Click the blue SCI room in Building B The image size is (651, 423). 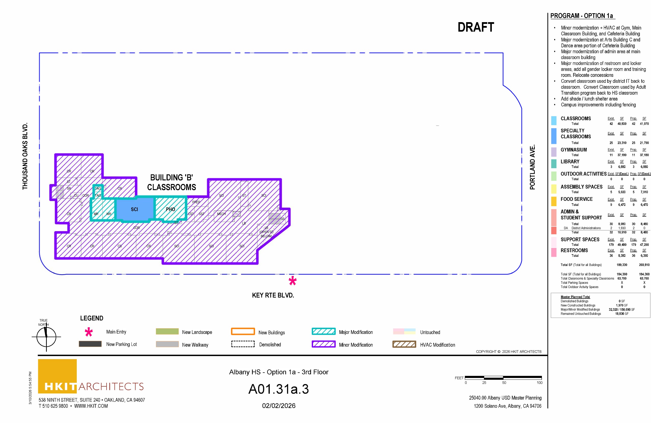tap(134, 209)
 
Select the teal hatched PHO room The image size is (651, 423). tap(170, 209)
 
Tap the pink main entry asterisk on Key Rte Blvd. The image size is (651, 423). tap(292, 281)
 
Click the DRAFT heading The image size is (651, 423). tap(476, 27)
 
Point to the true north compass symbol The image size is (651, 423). tap(46, 337)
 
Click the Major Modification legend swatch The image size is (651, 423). tap(323, 332)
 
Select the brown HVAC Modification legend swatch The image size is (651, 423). tap(404, 344)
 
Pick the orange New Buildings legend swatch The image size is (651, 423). tap(243, 332)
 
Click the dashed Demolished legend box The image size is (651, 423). tap(243, 344)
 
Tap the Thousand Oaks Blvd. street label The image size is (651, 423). tap(25, 156)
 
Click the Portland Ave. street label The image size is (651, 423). tap(532, 167)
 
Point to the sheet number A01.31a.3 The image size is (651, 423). tap(278, 389)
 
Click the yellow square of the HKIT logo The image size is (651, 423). tap(57, 372)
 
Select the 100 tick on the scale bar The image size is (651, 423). tap(539, 383)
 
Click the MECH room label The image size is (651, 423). tap(221, 214)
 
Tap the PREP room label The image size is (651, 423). tap(196, 202)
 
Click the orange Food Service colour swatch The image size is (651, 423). tap(554, 202)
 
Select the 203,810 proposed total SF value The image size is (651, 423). tap(644, 265)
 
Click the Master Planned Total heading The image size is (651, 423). tap(575, 297)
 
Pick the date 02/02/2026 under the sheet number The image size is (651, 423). tap(278, 405)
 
